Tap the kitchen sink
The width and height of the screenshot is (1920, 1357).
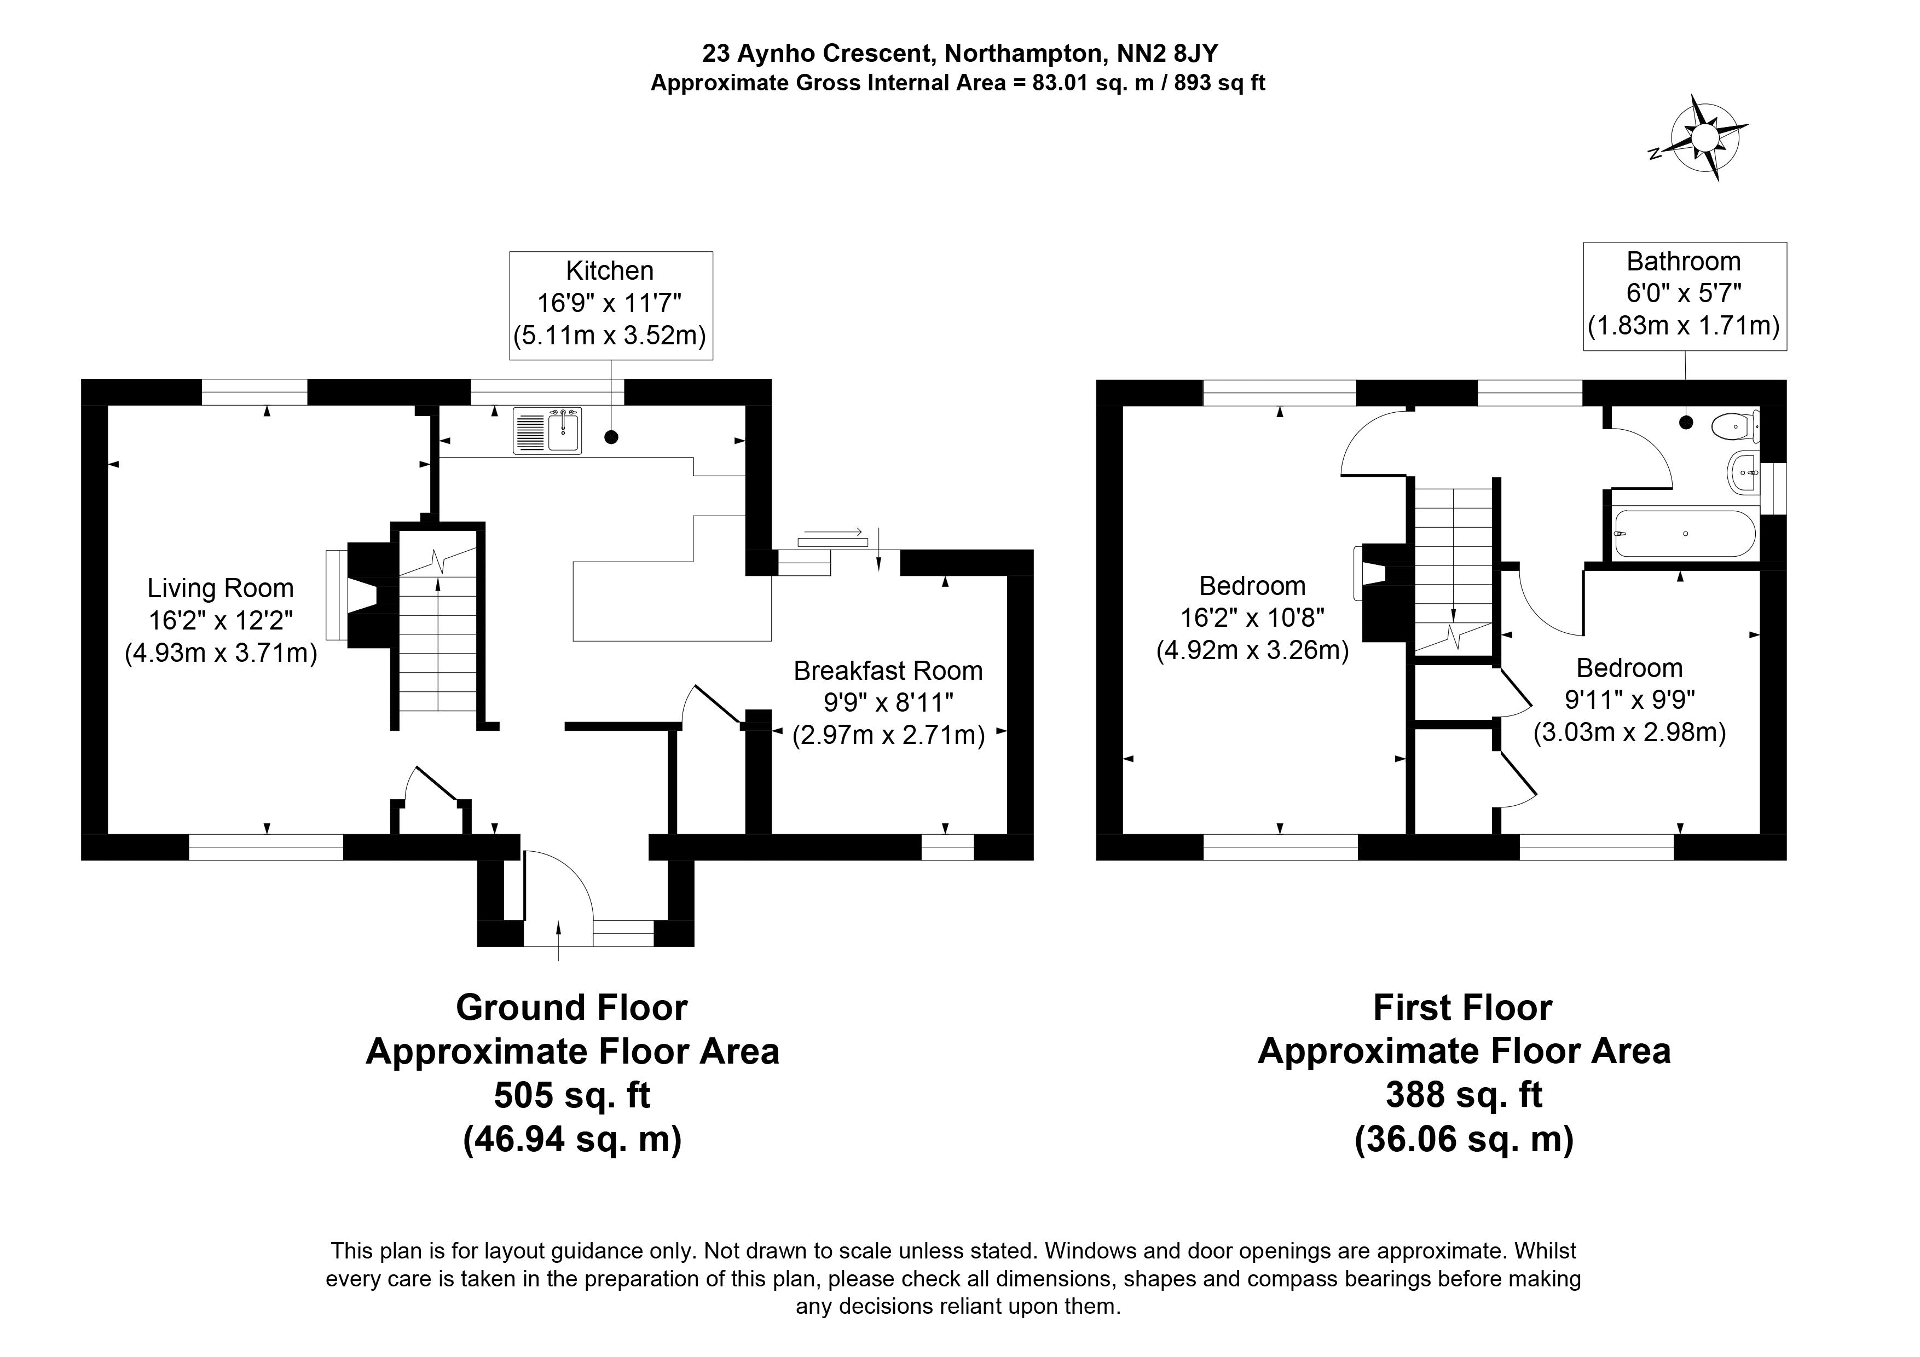[548, 431]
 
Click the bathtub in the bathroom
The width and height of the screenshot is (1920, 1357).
[1684, 533]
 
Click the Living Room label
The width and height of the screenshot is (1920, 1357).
[221, 588]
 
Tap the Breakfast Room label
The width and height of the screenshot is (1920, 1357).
[888, 671]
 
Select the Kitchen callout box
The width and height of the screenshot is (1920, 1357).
[611, 305]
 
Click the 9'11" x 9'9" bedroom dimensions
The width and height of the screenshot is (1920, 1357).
[1630, 700]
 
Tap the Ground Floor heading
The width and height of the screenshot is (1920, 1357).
[572, 1008]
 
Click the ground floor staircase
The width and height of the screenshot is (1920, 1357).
[437, 627]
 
